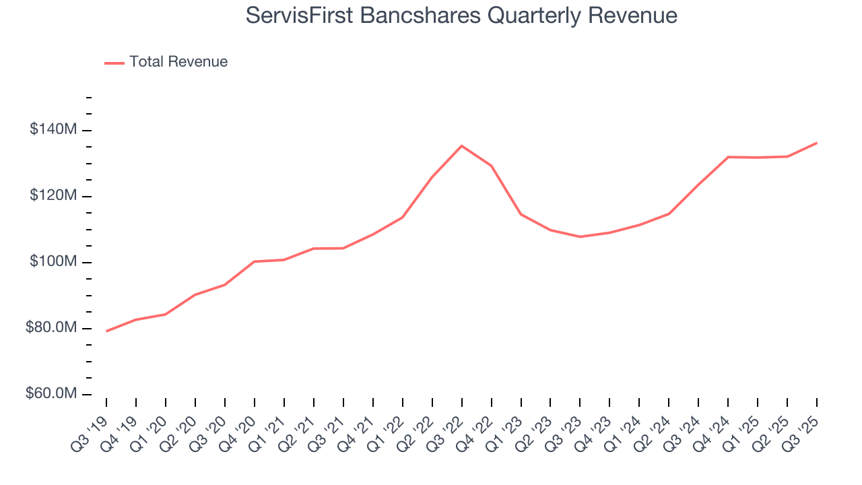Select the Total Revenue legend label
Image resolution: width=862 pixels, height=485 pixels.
178,62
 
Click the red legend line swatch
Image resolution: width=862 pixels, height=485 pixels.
114,63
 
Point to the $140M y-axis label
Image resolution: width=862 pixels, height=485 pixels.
51,129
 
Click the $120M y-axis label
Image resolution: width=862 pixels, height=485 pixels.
51,196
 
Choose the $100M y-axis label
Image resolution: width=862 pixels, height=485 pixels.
51,262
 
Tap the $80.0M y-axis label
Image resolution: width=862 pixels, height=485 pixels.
49,328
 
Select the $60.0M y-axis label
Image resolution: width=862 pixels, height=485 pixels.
49,394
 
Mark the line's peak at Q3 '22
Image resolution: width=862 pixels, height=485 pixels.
461,145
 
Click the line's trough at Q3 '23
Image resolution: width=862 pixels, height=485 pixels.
580,236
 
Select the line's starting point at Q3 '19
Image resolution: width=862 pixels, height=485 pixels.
106,331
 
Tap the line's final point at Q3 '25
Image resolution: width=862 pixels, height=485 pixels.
817,143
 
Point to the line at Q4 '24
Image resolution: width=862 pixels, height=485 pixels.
728,157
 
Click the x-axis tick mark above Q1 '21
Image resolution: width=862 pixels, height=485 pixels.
284,402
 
